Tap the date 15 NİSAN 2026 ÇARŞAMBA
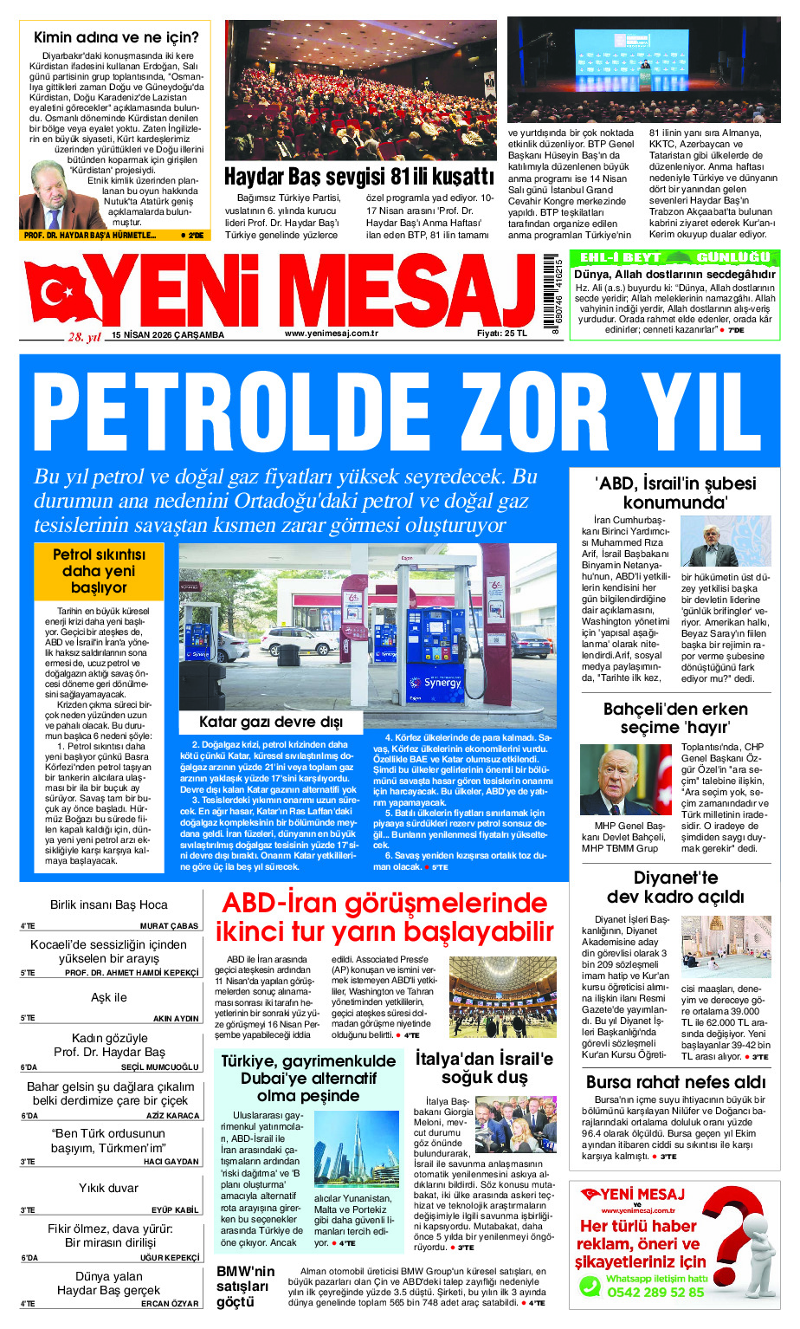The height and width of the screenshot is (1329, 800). pos(167,335)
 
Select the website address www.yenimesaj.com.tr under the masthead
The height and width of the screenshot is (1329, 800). pos(332,334)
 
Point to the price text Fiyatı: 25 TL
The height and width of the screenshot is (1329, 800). pos(501,334)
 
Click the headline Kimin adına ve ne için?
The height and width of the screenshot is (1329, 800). pos(116,37)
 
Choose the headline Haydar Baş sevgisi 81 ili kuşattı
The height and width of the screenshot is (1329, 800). pos(359,177)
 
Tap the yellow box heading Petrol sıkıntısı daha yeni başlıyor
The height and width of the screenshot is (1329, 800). pos(99,571)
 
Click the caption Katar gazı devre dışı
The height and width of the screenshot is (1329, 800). pos(271,722)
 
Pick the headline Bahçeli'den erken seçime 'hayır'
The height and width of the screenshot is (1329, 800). pos(675,718)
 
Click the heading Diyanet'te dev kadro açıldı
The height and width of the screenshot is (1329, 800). pos(675,887)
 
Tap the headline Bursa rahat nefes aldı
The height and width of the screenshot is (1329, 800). pos(675,1082)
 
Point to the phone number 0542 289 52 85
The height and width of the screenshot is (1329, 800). pos(655,1292)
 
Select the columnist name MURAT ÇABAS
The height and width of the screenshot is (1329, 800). pos(169,926)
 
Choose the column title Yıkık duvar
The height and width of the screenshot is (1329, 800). pos(109,1188)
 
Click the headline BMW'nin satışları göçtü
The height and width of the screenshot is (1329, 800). pos(246,1287)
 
